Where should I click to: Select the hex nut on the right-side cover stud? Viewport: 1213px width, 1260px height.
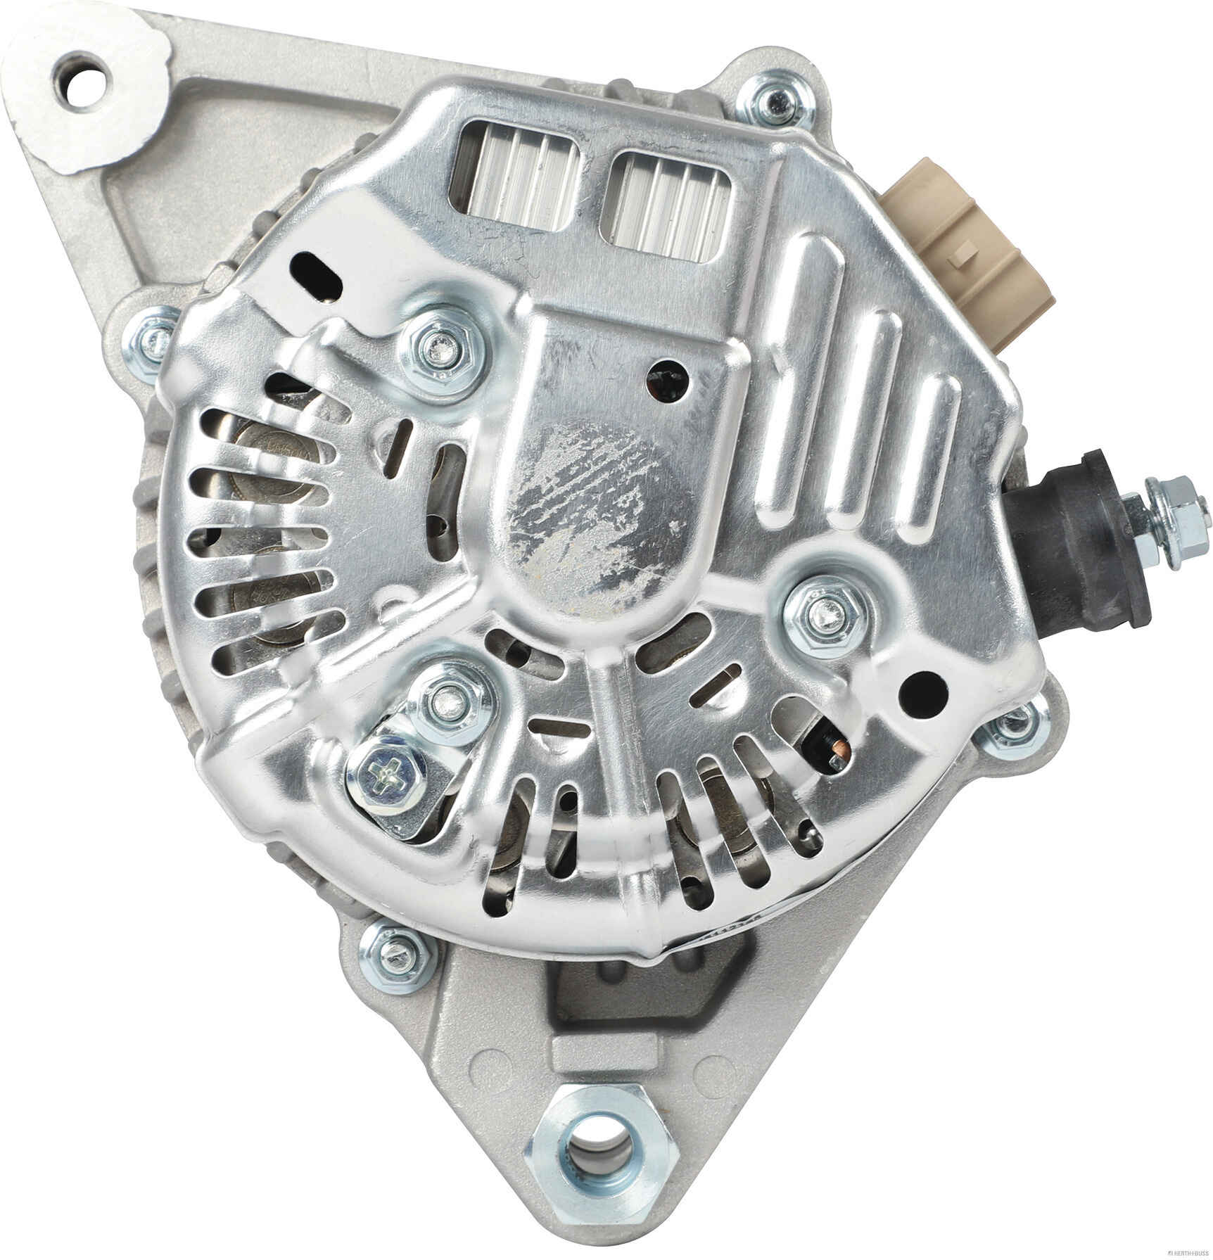pos(825,611)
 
